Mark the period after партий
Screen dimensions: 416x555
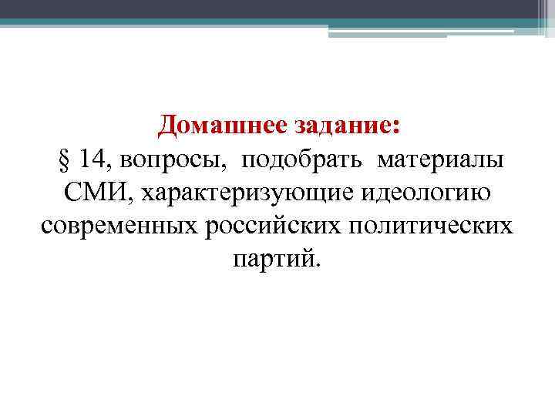[x=314, y=266]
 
